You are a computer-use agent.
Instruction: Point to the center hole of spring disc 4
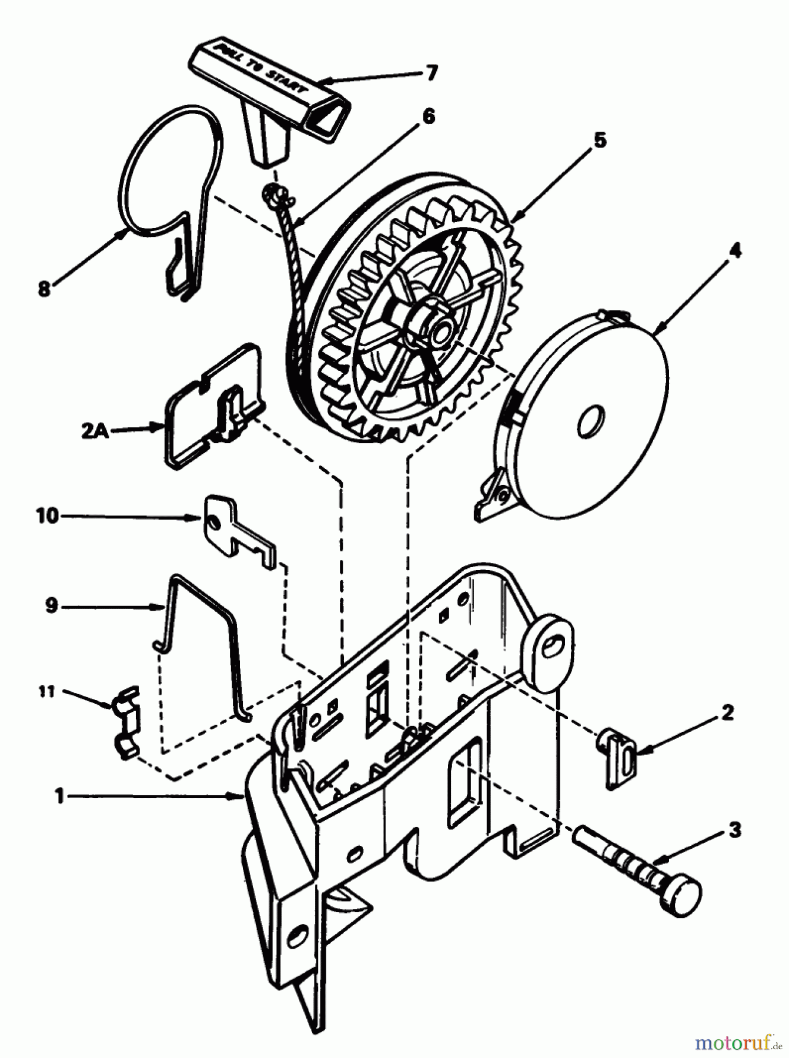[x=590, y=421]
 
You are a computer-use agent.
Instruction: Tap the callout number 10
[x=48, y=516]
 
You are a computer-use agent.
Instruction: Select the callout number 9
[x=52, y=605]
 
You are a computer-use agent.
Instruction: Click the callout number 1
[x=58, y=796]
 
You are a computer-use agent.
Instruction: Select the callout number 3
[x=734, y=831]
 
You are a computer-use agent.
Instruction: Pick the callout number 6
[x=429, y=116]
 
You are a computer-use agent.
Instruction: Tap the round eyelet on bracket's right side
[x=549, y=649]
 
